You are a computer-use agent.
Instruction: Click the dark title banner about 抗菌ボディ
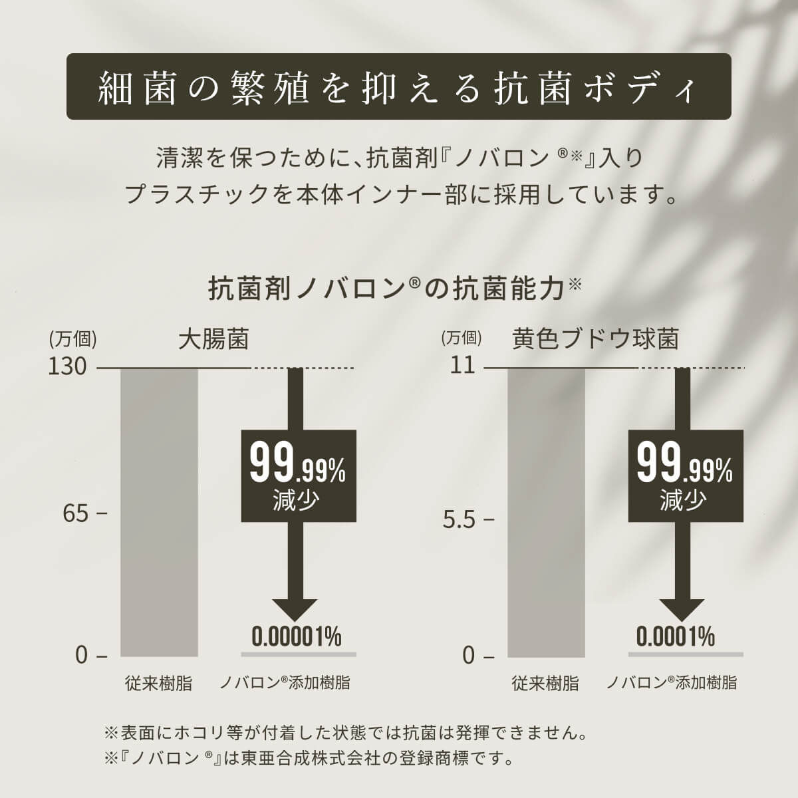click(398, 87)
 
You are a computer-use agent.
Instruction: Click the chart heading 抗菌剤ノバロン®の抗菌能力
click(396, 289)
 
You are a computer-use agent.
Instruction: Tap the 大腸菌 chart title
click(213, 340)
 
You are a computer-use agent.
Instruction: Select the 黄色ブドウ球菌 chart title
click(595, 340)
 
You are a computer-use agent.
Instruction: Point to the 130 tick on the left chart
click(68, 366)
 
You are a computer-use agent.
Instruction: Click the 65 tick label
click(76, 514)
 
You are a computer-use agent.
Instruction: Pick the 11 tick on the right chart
click(463, 366)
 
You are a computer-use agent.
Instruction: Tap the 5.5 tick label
click(460, 519)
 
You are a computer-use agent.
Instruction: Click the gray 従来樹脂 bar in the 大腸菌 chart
click(159, 512)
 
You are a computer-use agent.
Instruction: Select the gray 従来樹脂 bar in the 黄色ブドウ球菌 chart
click(546, 512)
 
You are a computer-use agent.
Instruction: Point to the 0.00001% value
click(297, 636)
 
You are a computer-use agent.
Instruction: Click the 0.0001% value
click(676, 636)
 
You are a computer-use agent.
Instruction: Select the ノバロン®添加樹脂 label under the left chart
click(285, 682)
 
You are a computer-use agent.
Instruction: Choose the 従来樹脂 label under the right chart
click(545, 683)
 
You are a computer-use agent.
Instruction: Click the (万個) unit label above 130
click(72, 339)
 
